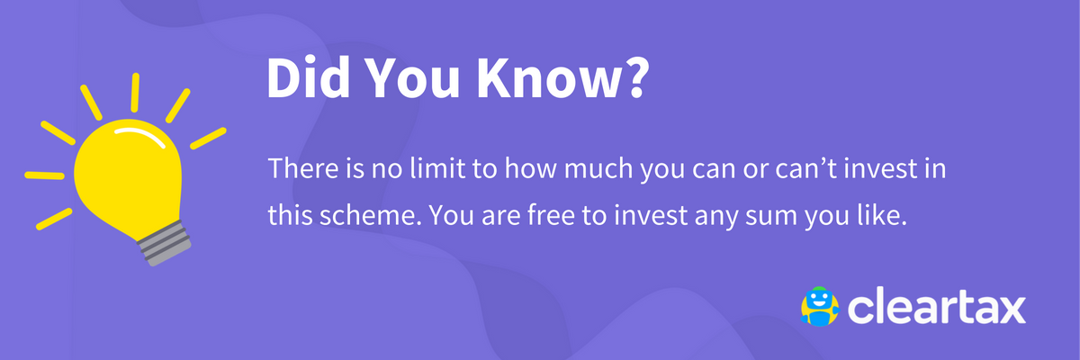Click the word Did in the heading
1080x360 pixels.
(x=308, y=77)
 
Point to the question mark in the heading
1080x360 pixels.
(x=633, y=77)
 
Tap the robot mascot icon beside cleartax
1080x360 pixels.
(x=820, y=307)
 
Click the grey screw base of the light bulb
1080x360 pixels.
(x=165, y=245)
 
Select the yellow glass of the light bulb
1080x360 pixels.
(x=128, y=175)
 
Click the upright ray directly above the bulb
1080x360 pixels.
(x=135, y=93)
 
